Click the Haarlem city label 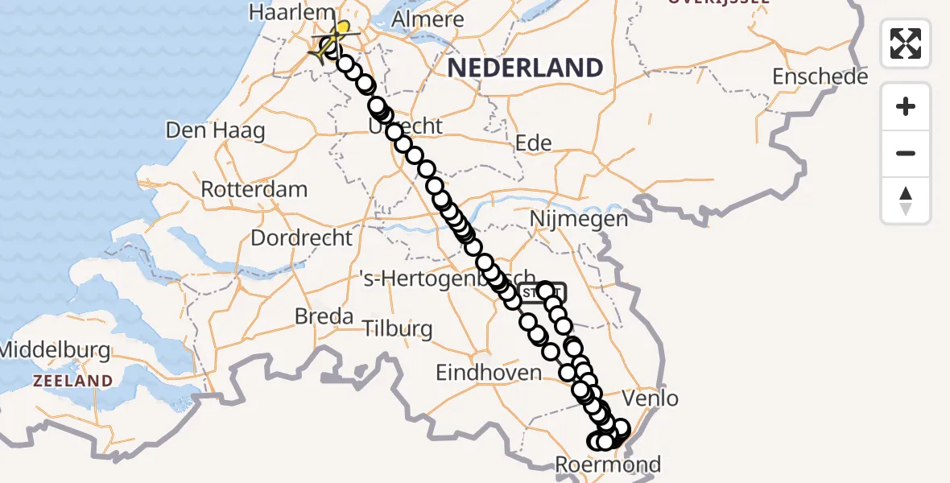[x=281, y=13]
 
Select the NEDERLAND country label [x=525, y=68]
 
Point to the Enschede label [x=820, y=77]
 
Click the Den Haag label [x=215, y=130]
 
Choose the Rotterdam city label [x=254, y=190]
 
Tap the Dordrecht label [x=302, y=238]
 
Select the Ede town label [x=533, y=144]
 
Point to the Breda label [x=324, y=316]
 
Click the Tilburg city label [x=398, y=329]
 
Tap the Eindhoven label [x=488, y=373]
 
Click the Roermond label [x=608, y=464]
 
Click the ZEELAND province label [x=72, y=381]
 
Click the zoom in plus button [x=906, y=107]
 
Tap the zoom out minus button [x=906, y=153]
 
